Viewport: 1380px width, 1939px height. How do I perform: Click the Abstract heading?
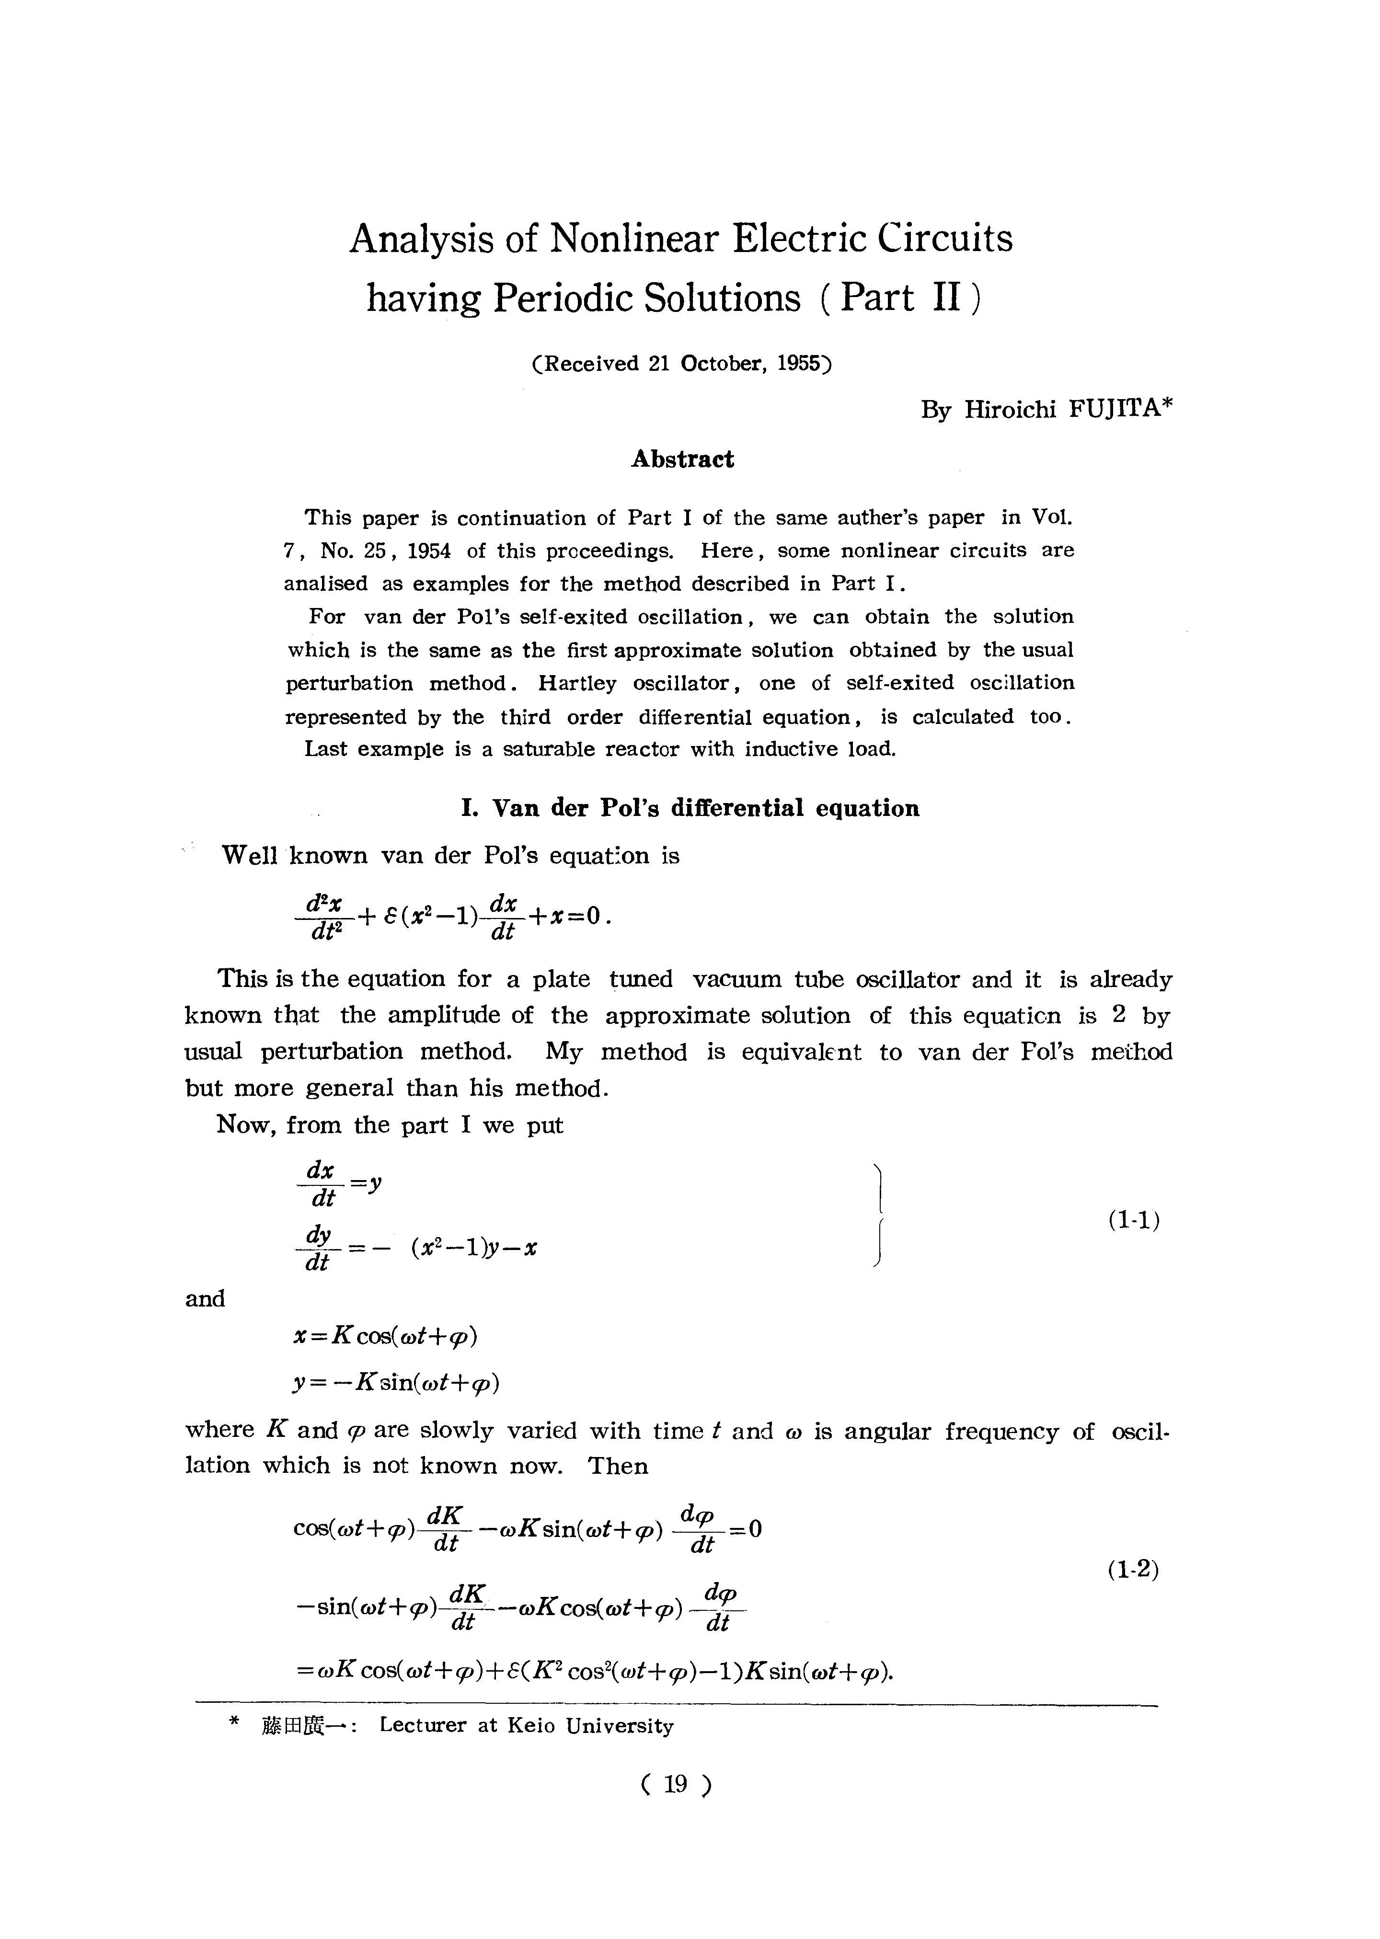(x=682, y=459)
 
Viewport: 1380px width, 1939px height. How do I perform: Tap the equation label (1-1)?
(x=1134, y=1221)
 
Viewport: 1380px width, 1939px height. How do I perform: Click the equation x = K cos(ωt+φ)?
(x=384, y=1337)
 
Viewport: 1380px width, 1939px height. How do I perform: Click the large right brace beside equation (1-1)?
(x=881, y=1217)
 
